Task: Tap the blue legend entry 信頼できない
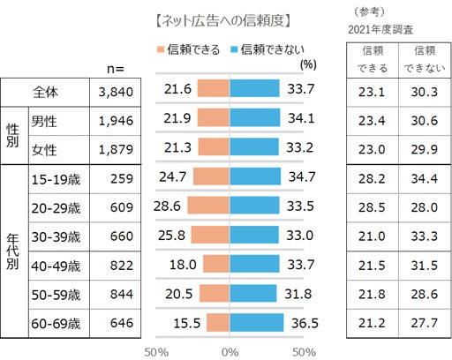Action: (x=264, y=49)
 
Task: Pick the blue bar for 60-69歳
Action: (x=257, y=323)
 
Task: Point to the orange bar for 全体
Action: (x=214, y=88)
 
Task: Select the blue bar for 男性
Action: (x=255, y=118)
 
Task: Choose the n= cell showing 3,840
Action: (x=115, y=89)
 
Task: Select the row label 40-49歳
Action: (x=55, y=265)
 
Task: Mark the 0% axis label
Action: (x=230, y=350)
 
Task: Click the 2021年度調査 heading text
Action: (x=382, y=28)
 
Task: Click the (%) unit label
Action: (x=308, y=64)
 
